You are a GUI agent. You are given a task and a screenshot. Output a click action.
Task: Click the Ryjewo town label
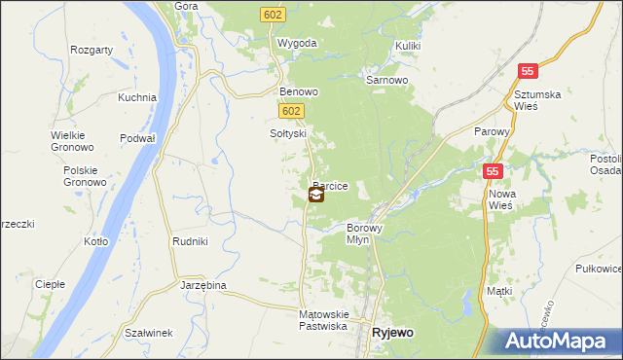[x=392, y=333]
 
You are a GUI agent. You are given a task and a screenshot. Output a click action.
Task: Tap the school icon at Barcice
[x=316, y=195]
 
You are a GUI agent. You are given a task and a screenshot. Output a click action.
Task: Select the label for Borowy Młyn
[x=365, y=234]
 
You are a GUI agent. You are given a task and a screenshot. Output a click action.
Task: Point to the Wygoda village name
[x=297, y=44]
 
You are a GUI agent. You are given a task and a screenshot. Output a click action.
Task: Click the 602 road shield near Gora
[x=272, y=14]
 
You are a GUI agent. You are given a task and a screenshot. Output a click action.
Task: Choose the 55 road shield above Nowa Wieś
[x=495, y=170]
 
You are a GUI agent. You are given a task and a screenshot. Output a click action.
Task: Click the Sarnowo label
[x=385, y=81]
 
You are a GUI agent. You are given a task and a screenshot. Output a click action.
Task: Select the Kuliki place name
[x=408, y=46]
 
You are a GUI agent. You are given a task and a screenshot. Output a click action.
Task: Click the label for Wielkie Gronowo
[x=72, y=141]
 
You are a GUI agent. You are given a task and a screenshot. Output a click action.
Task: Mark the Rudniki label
[x=188, y=242]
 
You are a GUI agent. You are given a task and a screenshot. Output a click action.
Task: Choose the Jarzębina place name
[x=203, y=285]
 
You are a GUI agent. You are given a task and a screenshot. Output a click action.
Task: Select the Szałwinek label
[x=149, y=333]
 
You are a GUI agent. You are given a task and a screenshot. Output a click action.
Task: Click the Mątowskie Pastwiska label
[x=323, y=320]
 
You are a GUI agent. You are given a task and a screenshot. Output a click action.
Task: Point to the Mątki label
[x=499, y=291]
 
